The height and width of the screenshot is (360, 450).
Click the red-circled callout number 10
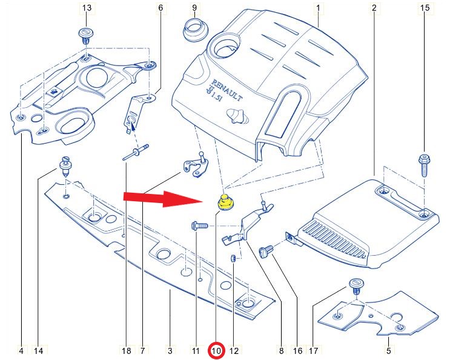[x=216, y=350]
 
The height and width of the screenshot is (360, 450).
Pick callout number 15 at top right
[x=424, y=8]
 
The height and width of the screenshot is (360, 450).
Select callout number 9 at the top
[x=194, y=8]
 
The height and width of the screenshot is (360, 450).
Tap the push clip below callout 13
[x=85, y=35]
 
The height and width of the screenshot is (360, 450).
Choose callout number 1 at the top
[x=317, y=8]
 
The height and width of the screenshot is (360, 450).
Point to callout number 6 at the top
[x=160, y=8]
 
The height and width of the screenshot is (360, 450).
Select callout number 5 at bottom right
[x=389, y=350]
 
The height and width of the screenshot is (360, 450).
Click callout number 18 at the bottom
[x=126, y=350]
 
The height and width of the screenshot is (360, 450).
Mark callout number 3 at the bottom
[x=170, y=350]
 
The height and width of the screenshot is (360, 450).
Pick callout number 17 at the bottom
[x=313, y=350]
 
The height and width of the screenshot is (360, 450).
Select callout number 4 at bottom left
[x=21, y=350]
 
